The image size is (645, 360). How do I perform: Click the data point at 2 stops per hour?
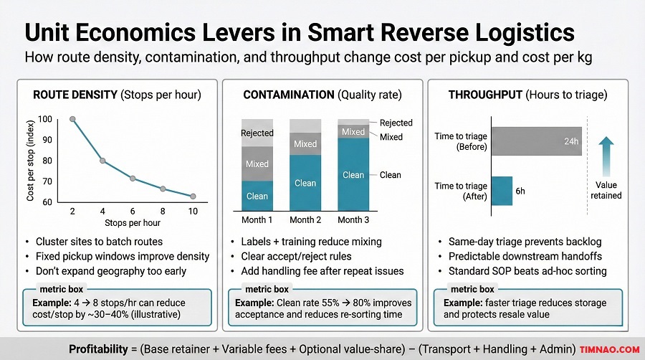[x=72, y=119]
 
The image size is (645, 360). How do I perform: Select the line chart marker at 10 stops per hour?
[x=193, y=196]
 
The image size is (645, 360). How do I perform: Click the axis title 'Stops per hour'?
[x=133, y=224]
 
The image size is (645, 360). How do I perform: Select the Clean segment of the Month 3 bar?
[x=353, y=174]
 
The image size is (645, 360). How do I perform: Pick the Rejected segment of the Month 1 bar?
[x=257, y=133]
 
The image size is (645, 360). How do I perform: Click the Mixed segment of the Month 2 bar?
[x=305, y=144]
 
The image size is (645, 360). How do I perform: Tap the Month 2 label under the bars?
[x=305, y=219]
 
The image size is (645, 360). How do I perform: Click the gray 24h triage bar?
[x=536, y=141]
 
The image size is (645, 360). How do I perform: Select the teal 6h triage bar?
[x=502, y=191]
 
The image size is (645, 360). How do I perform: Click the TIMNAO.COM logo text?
[x=610, y=349]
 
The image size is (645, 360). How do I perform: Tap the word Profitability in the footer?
[x=102, y=349]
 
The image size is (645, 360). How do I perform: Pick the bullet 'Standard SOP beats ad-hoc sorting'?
[x=527, y=271]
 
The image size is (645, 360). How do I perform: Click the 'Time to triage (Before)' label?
[x=461, y=141]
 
